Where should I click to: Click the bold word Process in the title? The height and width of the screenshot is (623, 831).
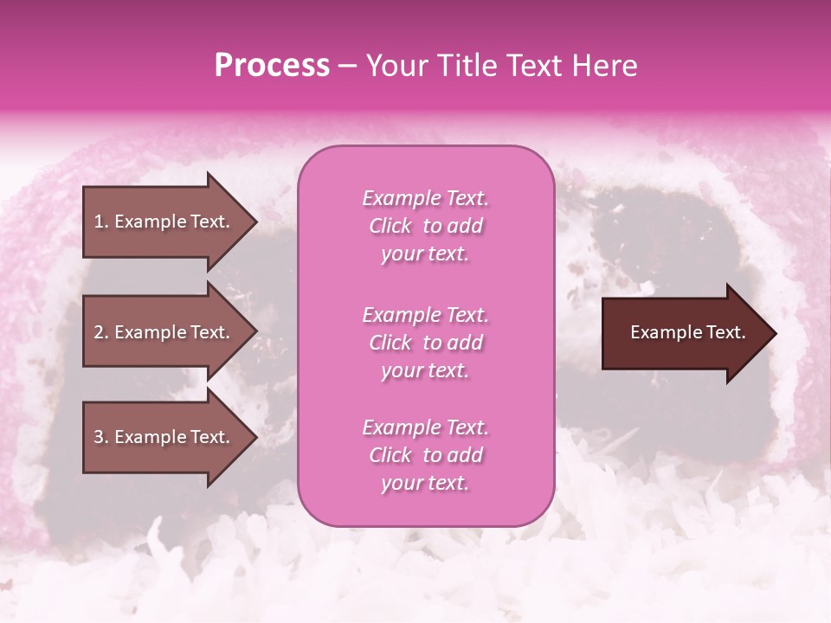272,66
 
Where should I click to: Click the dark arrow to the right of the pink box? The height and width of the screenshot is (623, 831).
675,333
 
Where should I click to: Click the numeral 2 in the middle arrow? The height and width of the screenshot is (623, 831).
99,332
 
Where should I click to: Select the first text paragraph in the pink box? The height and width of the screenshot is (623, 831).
425,226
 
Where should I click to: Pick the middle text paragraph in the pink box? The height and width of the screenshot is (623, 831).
425,343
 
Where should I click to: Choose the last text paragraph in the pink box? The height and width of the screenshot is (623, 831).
425,455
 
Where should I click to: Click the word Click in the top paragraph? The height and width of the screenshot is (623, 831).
390,226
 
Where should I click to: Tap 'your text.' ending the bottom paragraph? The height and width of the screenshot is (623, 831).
425,484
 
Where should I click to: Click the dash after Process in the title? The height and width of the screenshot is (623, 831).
348,66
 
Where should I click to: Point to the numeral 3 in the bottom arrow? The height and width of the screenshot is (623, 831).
99,437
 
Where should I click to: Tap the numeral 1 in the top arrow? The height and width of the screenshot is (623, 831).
98,222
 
